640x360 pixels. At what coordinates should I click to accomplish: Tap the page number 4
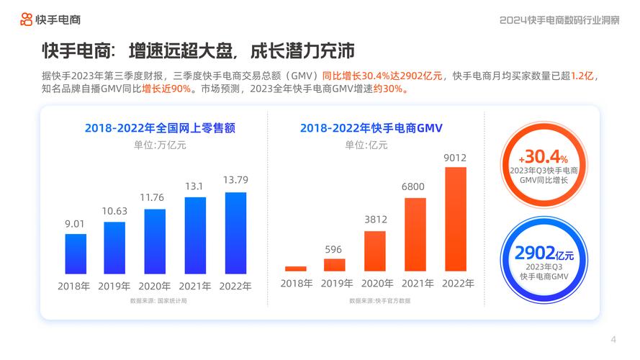[x=613, y=339]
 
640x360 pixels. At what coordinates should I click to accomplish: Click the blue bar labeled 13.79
[x=235, y=233]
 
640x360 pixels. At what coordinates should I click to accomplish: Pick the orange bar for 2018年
[x=295, y=269]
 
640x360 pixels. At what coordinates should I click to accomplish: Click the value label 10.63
[x=114, y=211]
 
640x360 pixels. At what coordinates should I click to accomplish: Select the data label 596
[x=334, y=249]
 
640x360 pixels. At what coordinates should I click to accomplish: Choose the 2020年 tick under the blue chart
[x=155, y=286]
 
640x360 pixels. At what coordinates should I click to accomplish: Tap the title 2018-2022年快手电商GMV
[x=371, y=128]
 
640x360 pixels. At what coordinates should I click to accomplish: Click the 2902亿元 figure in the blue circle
[x=544, y=253]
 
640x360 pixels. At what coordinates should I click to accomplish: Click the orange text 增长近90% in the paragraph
[x=166, y=89]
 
